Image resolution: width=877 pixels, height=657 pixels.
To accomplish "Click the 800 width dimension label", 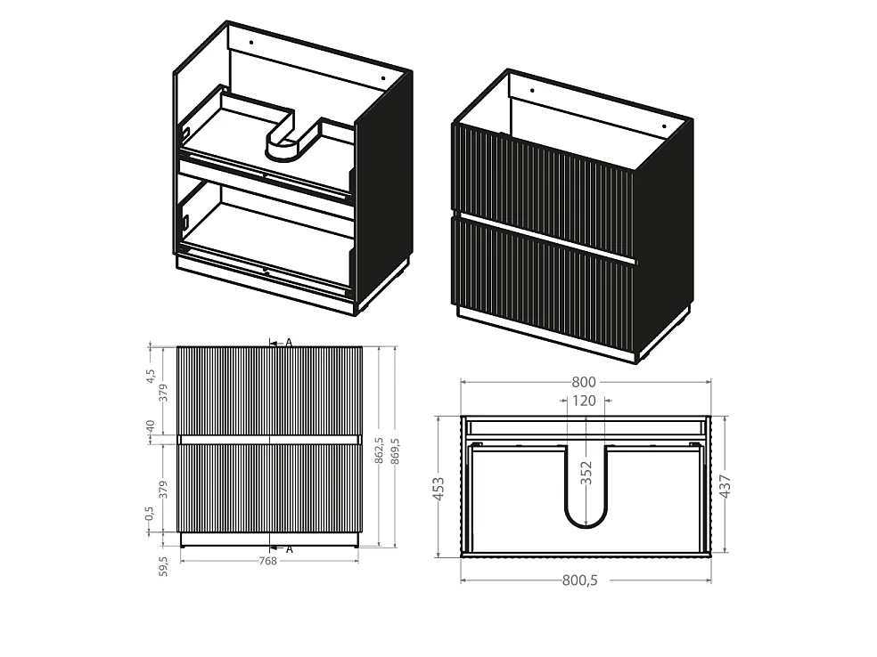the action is (x=584, y=382).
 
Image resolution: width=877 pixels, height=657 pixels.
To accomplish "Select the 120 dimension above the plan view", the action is (x=584, y=401).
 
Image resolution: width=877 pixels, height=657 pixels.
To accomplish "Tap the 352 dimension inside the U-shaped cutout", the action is (x=586, y=473).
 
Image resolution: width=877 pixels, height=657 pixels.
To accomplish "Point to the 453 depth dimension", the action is (x=439, y=488).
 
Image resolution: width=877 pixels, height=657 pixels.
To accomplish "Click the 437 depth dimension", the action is (x=725, y=486).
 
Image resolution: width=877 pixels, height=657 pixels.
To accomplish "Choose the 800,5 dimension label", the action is (x=580, y=580).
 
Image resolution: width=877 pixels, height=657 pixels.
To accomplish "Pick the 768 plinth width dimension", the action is (x=268, y=561).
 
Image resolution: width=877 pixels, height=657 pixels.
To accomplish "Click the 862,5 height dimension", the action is (x=379, y=450).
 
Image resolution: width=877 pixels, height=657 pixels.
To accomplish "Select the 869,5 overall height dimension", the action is (x=396, y=451).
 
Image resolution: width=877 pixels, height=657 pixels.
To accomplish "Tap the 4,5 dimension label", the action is (x=150, y=376).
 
